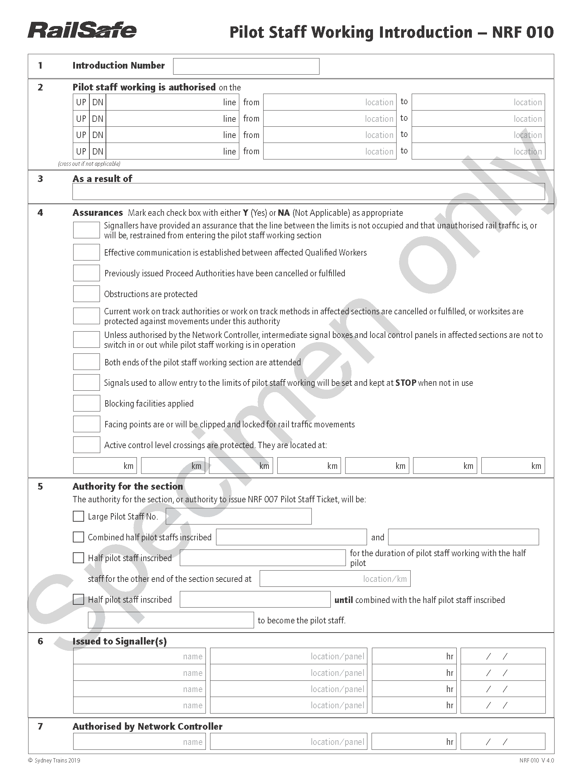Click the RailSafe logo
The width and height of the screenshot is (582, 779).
tap(82, 30)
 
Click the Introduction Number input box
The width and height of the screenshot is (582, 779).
tap(246, 66)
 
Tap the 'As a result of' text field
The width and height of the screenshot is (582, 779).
tap(309, 191)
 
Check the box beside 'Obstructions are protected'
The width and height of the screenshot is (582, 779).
tap(86, 294)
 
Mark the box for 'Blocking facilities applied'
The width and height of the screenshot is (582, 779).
tap(86, 403)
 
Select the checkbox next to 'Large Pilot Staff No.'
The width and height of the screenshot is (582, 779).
tap(78, 516)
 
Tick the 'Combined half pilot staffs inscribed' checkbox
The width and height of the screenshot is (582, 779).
tap(78, 537)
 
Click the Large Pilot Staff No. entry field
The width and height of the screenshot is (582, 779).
tap(238, 516)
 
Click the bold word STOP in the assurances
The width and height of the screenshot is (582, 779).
tap(406, 383)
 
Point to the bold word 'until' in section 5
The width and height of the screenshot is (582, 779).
tap(343, 600)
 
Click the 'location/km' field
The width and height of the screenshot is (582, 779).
tap(335, 579)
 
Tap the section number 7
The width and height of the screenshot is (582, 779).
tap(40, 726)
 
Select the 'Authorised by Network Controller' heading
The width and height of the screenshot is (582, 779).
tap(147, 726)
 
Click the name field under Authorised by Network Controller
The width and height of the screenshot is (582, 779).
tap(139, 742)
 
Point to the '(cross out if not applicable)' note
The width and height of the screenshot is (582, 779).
tap(89, 164)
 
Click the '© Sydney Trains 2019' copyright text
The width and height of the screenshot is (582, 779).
tap(54, 760)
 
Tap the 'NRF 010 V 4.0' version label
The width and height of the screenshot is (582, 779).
tap(536, 760)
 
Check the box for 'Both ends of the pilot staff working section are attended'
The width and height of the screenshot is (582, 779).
tap(86, 362)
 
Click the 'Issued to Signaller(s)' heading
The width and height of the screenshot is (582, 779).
tap(120, 641)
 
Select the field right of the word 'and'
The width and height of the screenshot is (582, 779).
tap(463, 537)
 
